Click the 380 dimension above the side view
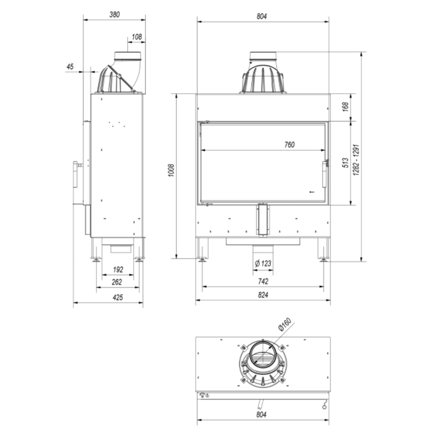(114, 14)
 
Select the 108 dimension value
(137, 37)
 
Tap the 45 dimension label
(70, 67)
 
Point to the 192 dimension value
(118, 269)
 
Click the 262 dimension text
(116, 282)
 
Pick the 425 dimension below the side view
(117, 297)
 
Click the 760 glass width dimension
(289, 145)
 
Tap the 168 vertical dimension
(346, 107)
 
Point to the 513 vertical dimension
(346, 163)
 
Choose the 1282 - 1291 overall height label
(356, 160)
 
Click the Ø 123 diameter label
(263, 264)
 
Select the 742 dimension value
(263, 281)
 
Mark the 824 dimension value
(263, 295)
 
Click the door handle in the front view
(325, 174)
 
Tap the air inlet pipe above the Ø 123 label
(263, 250)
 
